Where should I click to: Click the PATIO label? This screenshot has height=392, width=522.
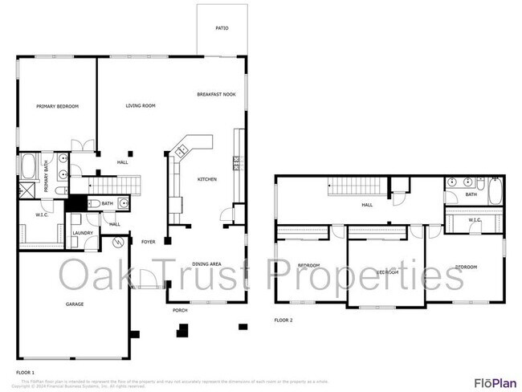222,28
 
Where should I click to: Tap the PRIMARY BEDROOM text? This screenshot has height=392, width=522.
57,106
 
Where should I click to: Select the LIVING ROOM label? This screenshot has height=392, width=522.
140,106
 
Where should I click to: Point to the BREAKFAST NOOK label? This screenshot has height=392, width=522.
214,95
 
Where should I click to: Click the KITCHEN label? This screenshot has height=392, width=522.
207,179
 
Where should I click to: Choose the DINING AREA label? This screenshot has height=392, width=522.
207,263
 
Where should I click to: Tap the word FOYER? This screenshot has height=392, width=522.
149,241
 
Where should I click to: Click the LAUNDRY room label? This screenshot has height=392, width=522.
83,234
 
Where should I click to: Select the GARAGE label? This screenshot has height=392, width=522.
75,304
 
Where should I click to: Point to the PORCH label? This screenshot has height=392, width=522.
180,309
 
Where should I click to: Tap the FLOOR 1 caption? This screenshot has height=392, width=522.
26,373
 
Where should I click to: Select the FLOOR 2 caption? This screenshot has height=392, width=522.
283,320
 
